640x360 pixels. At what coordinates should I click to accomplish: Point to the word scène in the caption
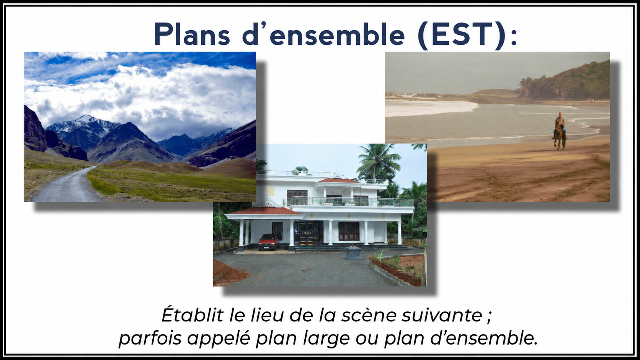click(x=369, y=316)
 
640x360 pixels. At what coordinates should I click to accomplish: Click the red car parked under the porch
click(x=268, y=242)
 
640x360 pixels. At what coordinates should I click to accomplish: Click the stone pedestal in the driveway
click(x=353, y=254)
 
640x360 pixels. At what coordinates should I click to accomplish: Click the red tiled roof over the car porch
click(x=264, y=212)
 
